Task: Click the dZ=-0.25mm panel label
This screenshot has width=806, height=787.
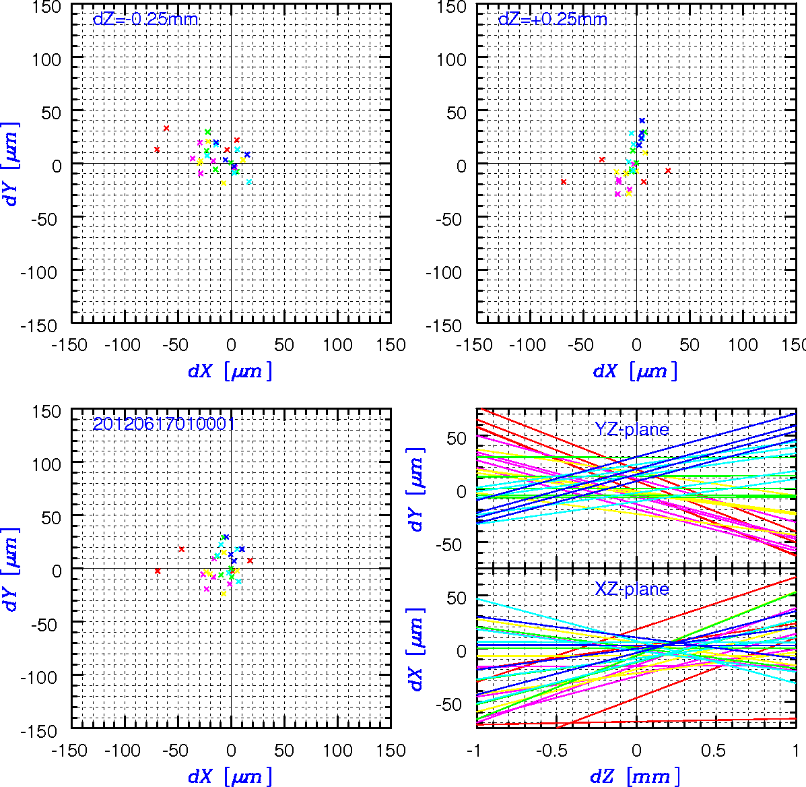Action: (x=145, y=20)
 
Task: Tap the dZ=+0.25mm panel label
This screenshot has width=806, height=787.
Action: (x=553, y=20)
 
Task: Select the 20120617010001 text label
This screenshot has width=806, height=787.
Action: (x=164, y=424)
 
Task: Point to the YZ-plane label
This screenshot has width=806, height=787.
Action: (x=632, y=429)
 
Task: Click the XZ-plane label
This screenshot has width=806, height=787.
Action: (x=632, y=588)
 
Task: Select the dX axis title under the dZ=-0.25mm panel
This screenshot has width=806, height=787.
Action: (x=230, y=371)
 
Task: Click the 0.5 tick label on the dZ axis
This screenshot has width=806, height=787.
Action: (x=714, y=751)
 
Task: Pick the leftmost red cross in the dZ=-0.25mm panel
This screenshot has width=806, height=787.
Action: (x=157, y=150)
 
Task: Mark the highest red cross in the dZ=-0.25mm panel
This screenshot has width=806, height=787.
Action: (x=166, y=128)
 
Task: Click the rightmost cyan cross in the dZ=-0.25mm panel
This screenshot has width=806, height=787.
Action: (x=248, y=181)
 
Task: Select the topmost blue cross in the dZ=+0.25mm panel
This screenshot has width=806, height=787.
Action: (x=642, y=121)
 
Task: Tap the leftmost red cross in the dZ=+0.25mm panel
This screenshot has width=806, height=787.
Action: (x=564, y=181)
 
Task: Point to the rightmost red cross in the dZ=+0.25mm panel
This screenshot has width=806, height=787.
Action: (x=668, y=170)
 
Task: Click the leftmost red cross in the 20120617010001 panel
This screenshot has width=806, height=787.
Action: (x=158, y=571)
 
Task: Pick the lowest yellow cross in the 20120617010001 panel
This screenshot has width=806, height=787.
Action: (x=223, y=594)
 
